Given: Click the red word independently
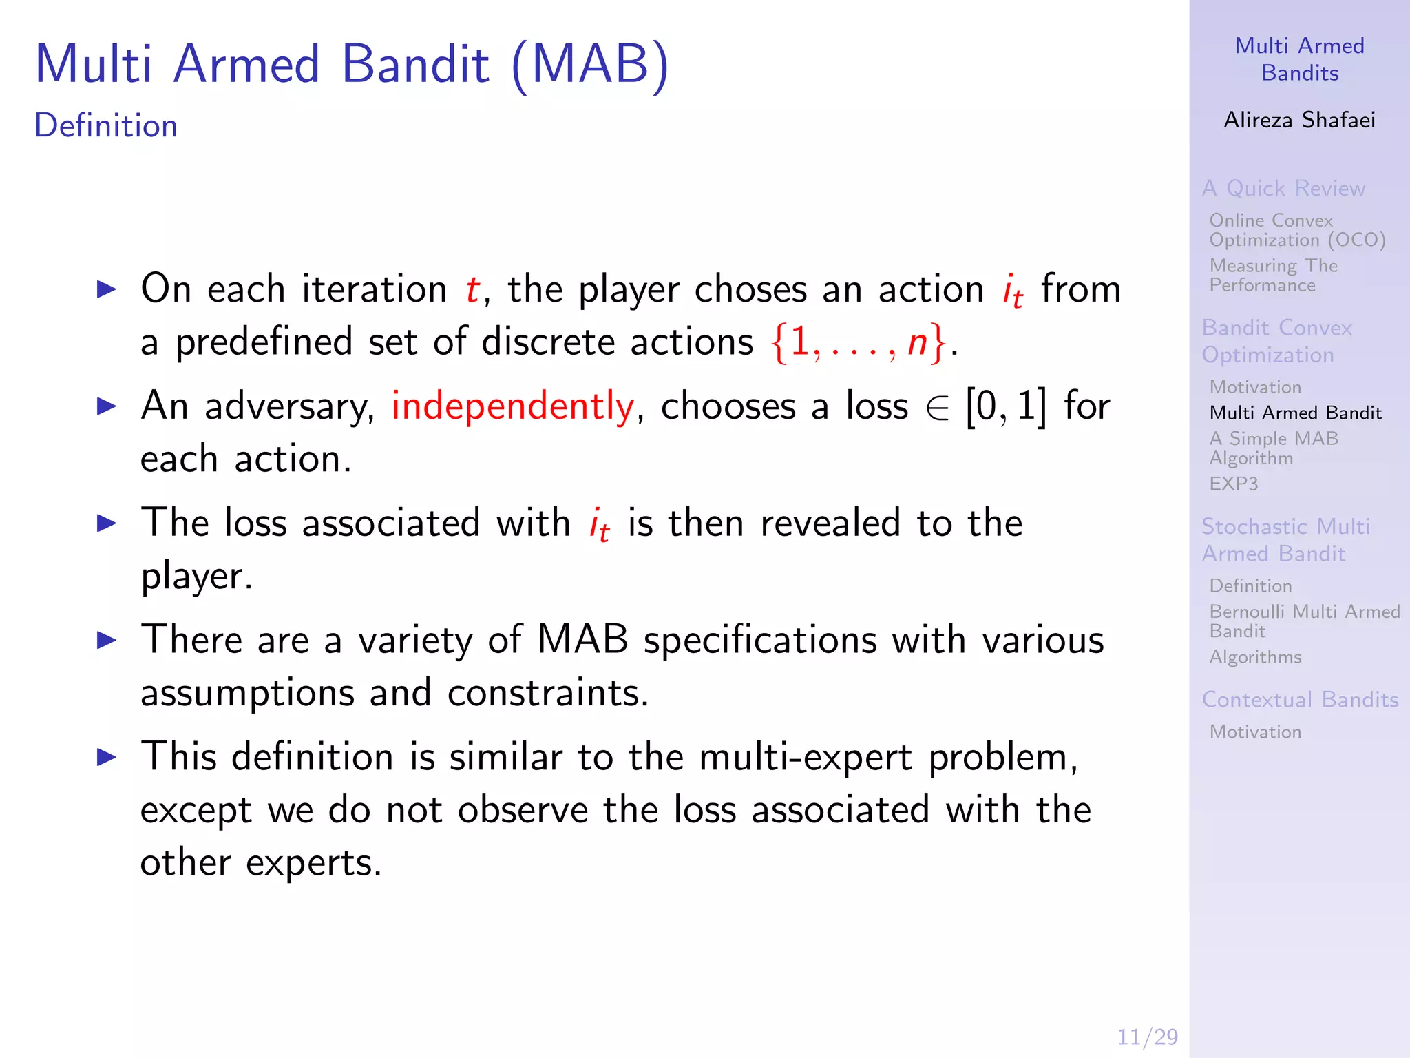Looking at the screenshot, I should (x=512, y=406).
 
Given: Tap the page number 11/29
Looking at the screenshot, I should (x=1147, y=1037).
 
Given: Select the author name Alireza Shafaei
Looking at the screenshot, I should (x=1299, y=120).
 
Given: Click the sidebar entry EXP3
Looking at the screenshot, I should (x=1233, y=484).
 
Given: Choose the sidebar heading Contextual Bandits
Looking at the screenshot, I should (x=1300, y=699).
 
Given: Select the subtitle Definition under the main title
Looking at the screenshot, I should (x=106, y=126).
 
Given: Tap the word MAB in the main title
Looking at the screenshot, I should (x=591, y=65).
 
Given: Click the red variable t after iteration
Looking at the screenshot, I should (x=472, y=289).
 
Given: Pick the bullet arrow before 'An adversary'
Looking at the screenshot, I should (x=107, y=406).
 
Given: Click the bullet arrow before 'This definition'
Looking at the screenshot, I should (x=107, y=758).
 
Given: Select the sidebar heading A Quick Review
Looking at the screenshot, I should (x=1283, y=188).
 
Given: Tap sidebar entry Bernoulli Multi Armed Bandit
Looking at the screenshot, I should (x=1304, y=621).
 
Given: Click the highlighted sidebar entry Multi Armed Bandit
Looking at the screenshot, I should (x=1295, y=413).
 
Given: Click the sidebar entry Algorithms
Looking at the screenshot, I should (x=1255, y=657).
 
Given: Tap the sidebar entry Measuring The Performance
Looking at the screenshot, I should (x=1273, y=275).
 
